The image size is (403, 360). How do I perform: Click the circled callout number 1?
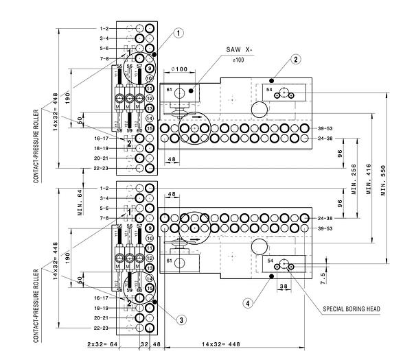179,33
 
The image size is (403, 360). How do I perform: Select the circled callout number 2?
296,60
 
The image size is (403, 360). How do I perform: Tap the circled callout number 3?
181,320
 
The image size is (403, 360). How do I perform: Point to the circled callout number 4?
248,302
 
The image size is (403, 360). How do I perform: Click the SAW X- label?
239,50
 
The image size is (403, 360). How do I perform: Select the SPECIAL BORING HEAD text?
351,309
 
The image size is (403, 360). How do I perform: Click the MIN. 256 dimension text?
354,178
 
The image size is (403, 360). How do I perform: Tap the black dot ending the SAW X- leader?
192,89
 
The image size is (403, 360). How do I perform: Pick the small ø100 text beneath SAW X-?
239,61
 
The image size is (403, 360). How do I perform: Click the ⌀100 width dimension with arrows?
179,69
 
